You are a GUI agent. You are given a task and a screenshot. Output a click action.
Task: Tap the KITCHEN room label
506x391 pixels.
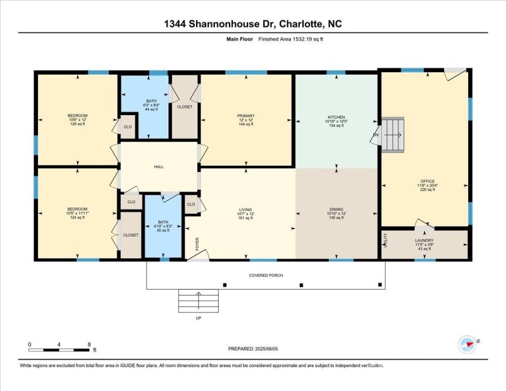[336, 118]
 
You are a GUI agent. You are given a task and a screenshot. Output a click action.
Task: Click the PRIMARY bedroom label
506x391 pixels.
[245, 116]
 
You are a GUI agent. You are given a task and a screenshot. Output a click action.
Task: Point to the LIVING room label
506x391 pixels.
[245, 209]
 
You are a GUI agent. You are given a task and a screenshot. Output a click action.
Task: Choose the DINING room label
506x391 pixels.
[336, 209]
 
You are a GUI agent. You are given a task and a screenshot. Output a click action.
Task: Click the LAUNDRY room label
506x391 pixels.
[424, 240]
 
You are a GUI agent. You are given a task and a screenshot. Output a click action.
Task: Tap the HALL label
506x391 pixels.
[159, 166]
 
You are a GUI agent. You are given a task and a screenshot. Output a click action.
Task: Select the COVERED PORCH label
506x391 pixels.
[266, 275]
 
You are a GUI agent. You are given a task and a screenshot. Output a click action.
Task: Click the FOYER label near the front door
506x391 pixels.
[197, 244]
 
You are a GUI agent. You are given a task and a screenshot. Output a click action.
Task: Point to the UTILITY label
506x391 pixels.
[385, 240]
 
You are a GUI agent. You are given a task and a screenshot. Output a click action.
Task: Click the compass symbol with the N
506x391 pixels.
[467, 344]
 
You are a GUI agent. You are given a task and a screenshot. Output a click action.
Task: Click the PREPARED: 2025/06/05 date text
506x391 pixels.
[253, 349]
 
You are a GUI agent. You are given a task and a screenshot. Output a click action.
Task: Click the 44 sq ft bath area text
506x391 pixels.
[151, 109]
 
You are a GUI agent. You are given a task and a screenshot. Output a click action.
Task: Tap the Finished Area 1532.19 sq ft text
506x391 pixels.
[296, 39]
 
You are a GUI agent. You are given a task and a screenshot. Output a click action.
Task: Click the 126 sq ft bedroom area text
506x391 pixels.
[77, 124]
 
